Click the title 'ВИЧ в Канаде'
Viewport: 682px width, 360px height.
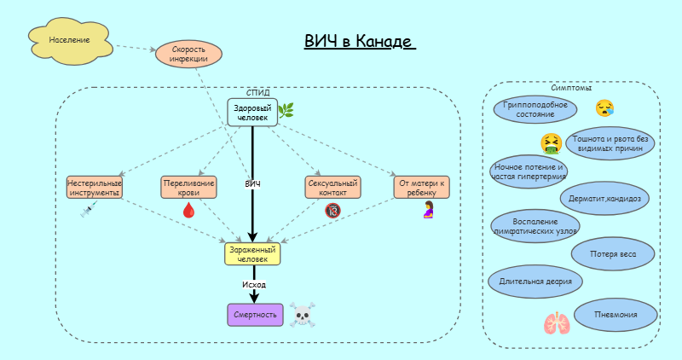click(x=358, y=42)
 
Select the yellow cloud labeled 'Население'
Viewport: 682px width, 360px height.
click(x=70, y=41)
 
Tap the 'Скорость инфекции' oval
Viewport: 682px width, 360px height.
click(x=188, y=55)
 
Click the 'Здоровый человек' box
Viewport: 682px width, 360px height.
click(x=252, y=113)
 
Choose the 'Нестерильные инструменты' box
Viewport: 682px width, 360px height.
click(x=94, y=188)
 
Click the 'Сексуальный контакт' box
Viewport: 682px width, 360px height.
click(x=332, y=188)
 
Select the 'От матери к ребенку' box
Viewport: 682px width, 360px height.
click(x=421, y=188)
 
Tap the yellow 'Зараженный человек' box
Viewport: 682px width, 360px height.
click(x=252, y=254)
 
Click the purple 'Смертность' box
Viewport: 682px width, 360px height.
click(x=254, y=315)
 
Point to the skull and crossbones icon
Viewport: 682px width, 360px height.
click(x=303, y=316)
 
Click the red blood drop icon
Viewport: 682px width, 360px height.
click(x=188, y=210)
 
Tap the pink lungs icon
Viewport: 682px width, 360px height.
click(x=557, y=323)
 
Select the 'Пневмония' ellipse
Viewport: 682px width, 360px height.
click(x=616, y=315)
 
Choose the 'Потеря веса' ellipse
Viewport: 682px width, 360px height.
click(x=611, y=253)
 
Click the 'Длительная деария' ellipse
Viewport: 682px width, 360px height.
click(x=535, y=280)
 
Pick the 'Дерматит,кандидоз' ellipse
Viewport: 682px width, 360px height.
click(x=605, y=198)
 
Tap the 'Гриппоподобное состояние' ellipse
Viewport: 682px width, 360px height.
click(x=535, y=109)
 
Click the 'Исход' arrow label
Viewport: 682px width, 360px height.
click(x=253, y=284)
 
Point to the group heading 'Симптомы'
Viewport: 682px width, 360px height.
click(x=571, y=88)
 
